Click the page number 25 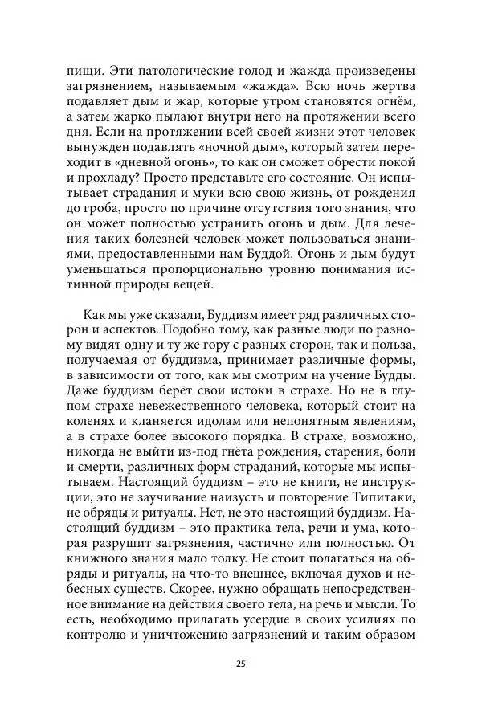point(240,664)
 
